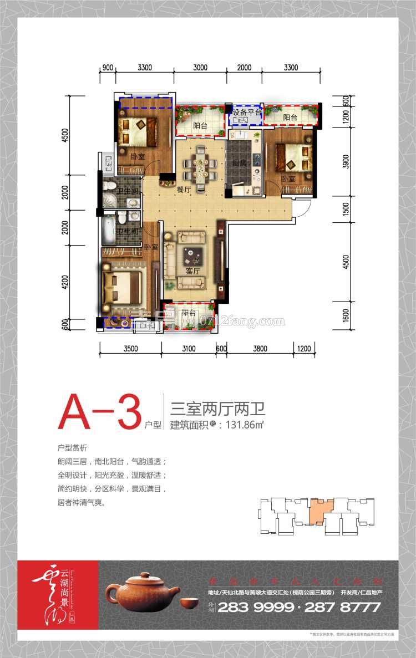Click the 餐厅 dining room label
(184, 189)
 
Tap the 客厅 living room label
(192, 272)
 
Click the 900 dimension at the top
(108, 68)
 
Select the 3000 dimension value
(200, 68)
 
